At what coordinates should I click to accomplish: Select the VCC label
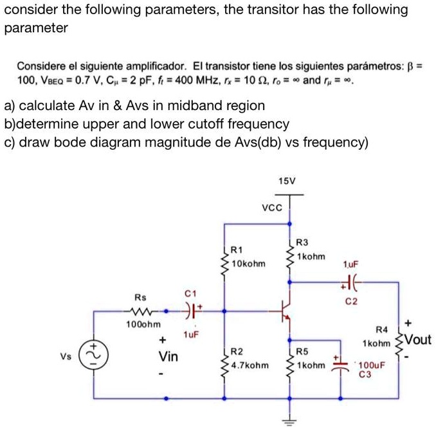tap(272, 208)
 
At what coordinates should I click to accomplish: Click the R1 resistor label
tap(237, 250)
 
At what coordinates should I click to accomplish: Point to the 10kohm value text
tap(248, 262)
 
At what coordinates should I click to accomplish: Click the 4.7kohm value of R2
tap(249, 365)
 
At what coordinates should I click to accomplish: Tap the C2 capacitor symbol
tap(352, 281)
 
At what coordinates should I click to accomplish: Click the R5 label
tap(302, 352)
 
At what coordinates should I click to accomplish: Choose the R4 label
tap(381, 329)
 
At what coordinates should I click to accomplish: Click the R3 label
tap(302, 242)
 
